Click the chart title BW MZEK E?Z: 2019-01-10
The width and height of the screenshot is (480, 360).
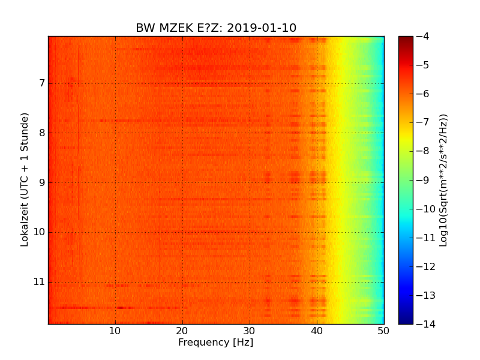coord(216,28)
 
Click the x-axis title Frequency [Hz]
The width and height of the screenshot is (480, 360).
coord(215,343)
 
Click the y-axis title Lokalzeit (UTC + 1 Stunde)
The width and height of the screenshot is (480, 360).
coord(25,180)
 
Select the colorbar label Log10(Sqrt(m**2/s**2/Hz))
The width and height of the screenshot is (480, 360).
coord(443,180)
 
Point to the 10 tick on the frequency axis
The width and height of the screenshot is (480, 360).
coord(115,331)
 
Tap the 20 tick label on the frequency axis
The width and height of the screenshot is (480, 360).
coord(182,331)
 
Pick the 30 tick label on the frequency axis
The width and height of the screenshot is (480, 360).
coord(250,331)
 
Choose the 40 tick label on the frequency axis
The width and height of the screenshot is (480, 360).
coord(317,331)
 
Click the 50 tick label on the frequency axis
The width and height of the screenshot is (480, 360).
coord(383,331)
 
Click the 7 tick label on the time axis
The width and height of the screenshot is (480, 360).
coord(42,83)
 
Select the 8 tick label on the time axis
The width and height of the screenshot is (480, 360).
coord(42,133)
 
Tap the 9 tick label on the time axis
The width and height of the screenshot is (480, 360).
coord(42,182)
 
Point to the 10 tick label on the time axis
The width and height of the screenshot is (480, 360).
coord(40,232)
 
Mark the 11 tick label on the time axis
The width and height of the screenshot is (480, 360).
coord(40,282)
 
